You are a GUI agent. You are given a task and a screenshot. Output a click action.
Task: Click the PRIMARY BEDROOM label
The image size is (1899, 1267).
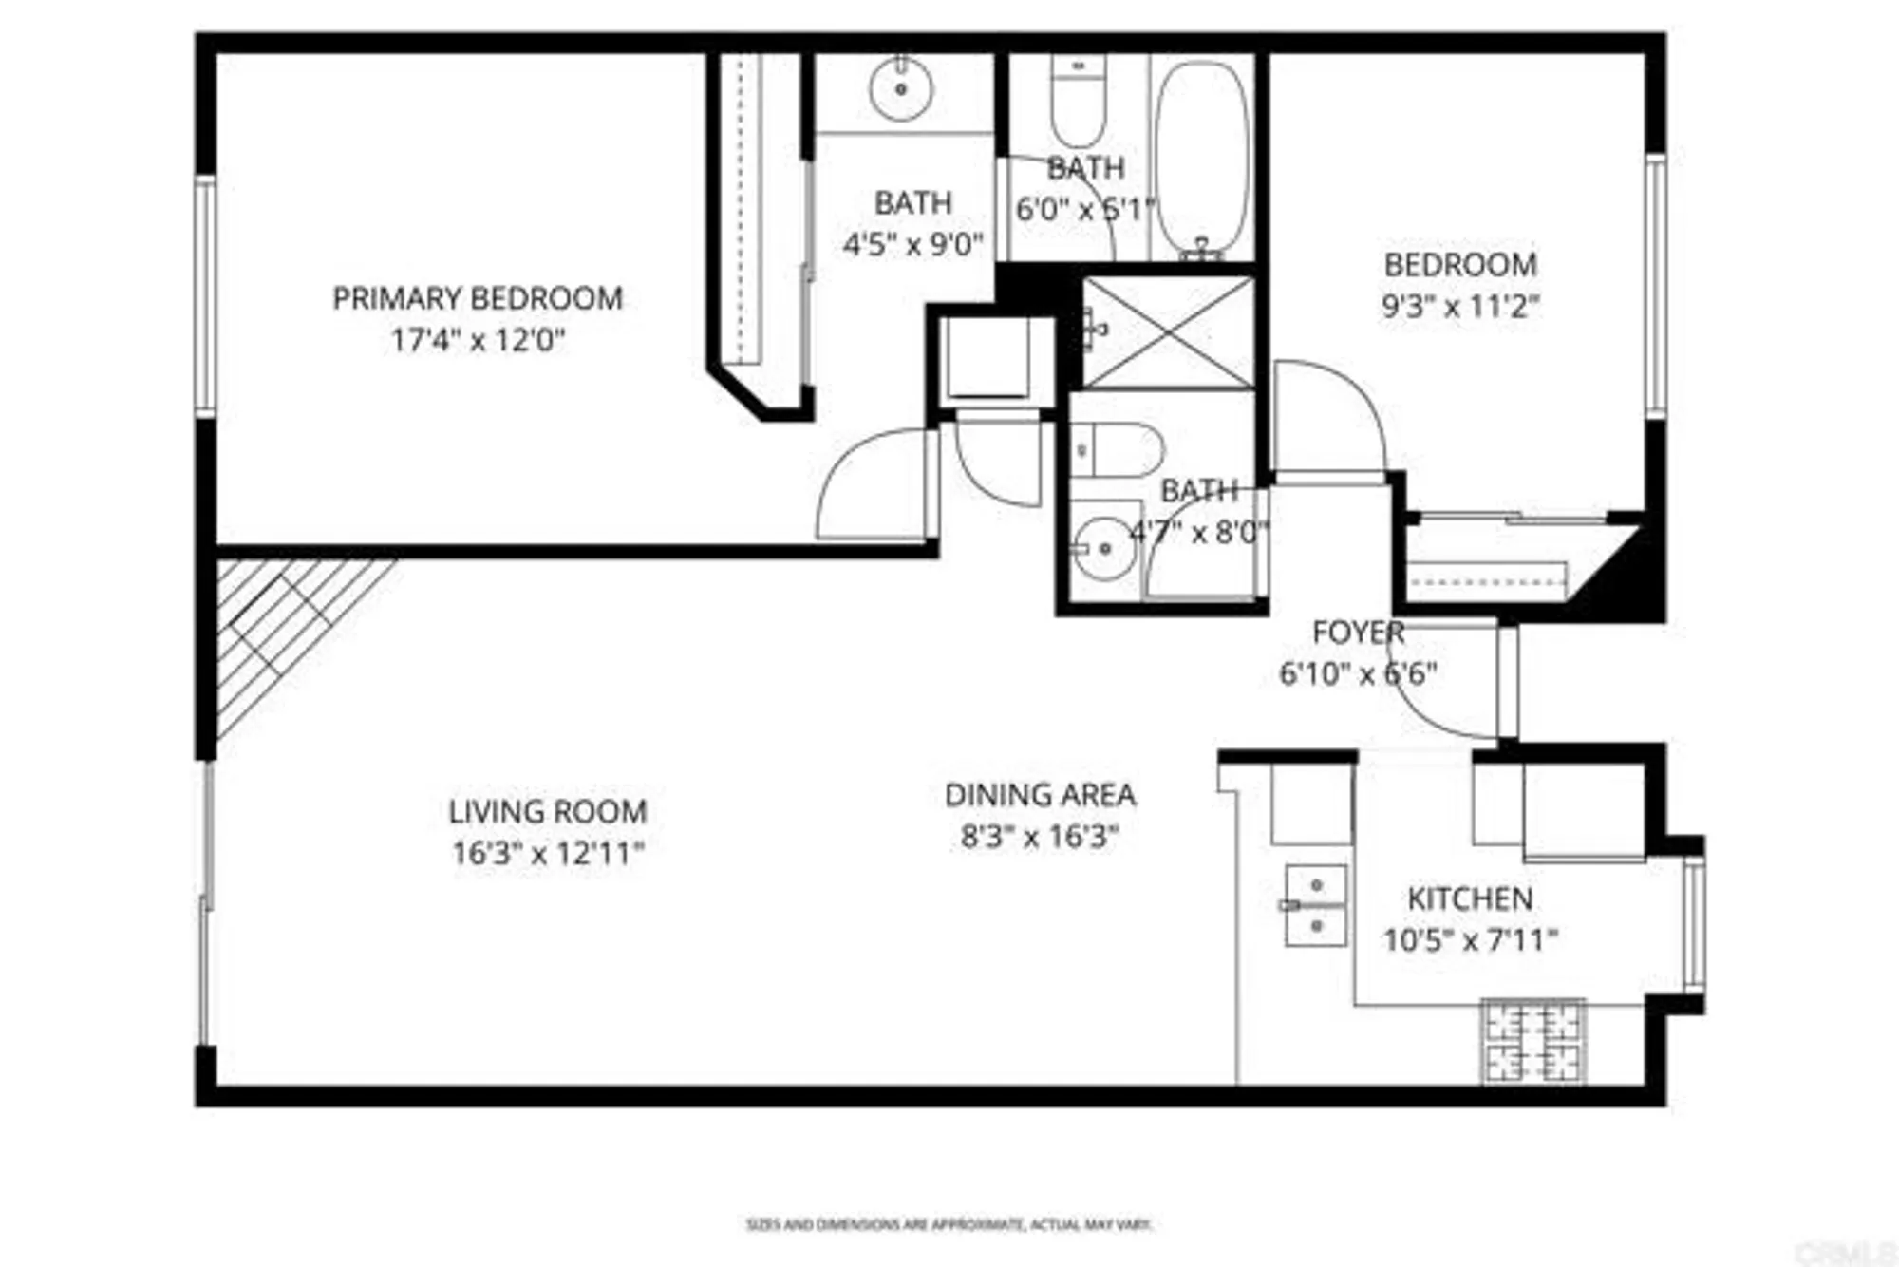(478, 298)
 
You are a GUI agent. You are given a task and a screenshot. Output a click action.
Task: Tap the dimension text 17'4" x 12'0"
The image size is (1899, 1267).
(478, 340)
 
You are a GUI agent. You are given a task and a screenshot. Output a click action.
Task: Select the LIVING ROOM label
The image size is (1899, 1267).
(548, 812)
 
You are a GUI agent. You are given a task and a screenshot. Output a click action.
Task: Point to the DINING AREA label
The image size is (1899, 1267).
(1040, 795)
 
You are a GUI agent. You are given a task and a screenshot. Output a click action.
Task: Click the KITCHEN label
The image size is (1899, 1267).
(1470, 898)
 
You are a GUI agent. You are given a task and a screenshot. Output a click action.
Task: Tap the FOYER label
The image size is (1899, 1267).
(1358, 633)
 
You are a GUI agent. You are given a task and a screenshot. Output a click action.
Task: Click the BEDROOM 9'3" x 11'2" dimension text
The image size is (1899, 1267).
(1459, 307)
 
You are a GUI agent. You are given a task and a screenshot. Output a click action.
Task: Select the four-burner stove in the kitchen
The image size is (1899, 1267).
(1532, 1042)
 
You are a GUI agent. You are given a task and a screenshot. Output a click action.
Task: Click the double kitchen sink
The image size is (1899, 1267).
(1315, 905)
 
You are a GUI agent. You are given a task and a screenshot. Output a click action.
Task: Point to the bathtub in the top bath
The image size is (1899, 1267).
(1203, 157)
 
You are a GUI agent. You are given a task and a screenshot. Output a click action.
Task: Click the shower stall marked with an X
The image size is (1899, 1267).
(1169, 332)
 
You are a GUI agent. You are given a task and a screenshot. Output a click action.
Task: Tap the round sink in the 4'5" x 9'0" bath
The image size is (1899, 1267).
(900, 88)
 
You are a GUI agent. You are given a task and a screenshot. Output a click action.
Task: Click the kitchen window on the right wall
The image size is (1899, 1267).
(1694, 923)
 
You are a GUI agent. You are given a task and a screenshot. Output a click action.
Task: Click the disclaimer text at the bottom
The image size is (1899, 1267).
(949, 1225)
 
